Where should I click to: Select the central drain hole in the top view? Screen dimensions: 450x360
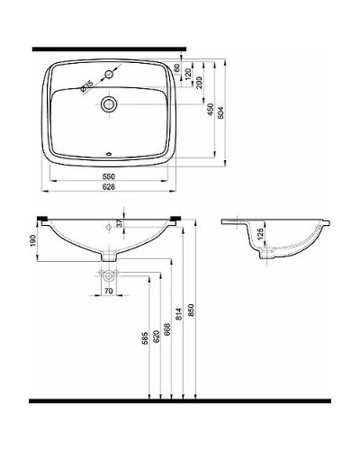pyautogui.click(x=108, y=103)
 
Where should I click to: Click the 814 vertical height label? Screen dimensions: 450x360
pyautogui.click(x=179, y=313)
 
